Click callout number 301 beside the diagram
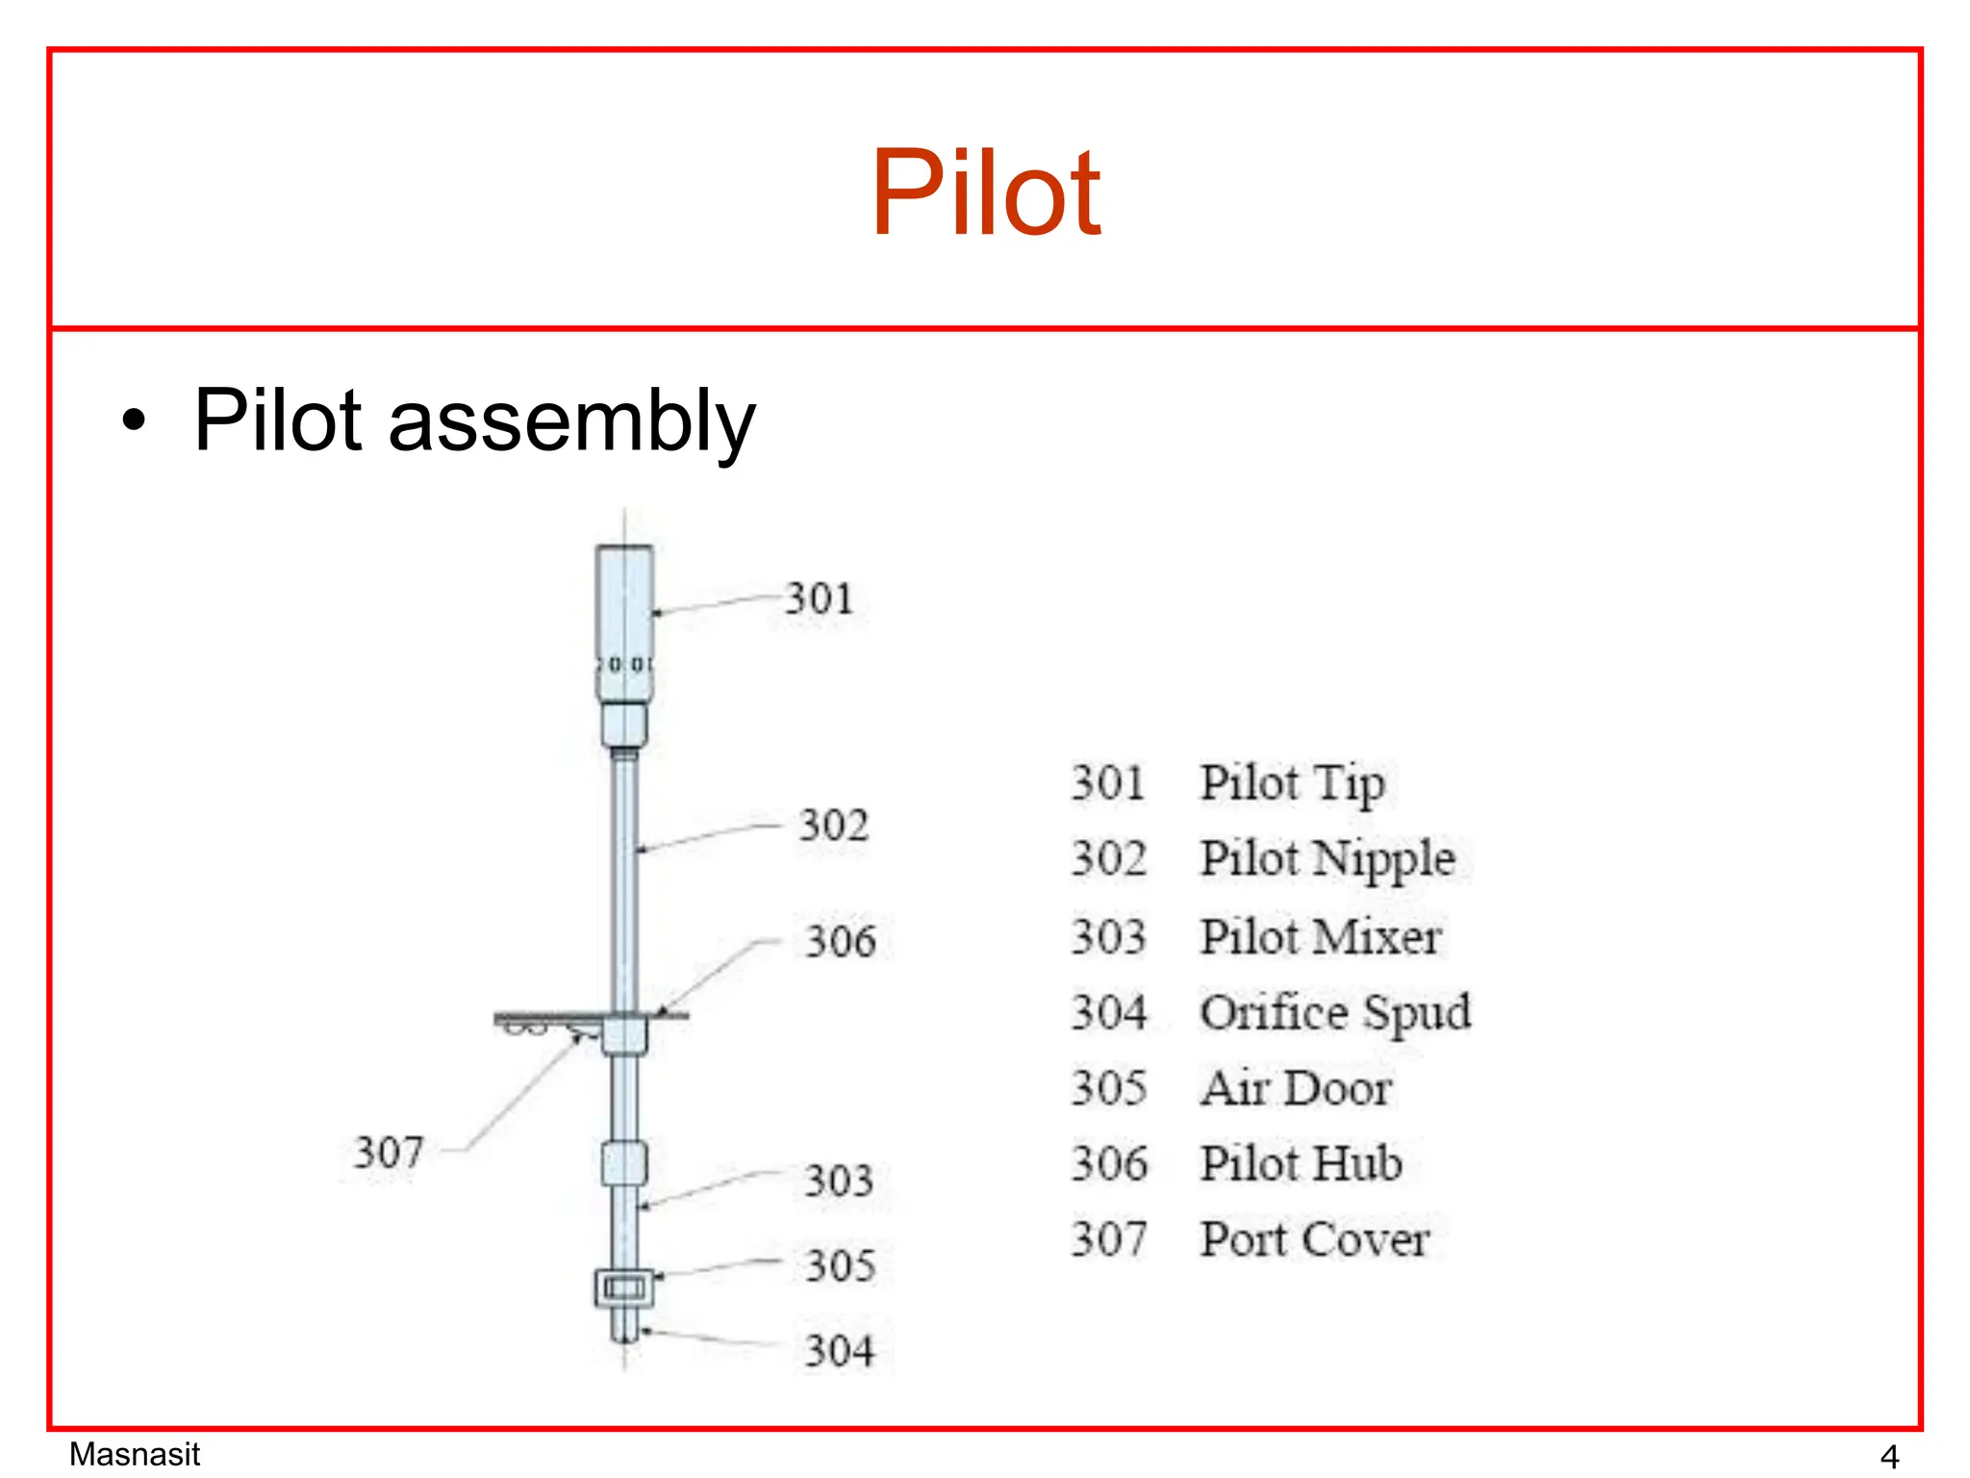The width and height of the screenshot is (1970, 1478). (819, 599)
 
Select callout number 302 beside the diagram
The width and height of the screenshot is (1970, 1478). (833, 826)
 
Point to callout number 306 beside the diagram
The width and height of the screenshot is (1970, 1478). (840, 941)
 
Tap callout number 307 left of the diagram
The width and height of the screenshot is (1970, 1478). (389, 1152)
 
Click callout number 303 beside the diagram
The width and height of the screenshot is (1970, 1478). (839, 1181)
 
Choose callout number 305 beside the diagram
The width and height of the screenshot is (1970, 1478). (840, 1265)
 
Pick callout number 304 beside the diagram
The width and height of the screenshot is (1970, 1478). (840, 1351)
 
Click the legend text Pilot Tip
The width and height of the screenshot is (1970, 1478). (1292, 783)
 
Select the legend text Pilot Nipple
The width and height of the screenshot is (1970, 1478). (1326, 859)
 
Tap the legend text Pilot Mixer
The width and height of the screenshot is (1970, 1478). (1320, 937)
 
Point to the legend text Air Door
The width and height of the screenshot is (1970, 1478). (1296, 1088)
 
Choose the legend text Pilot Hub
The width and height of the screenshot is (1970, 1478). (1301, 1163)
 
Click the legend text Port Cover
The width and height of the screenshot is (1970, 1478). (1315, 1239)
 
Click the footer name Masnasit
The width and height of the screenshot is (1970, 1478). (135, 1454)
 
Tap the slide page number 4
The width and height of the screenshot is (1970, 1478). (1889, 1457)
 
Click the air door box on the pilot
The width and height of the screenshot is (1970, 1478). (624, 1287)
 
